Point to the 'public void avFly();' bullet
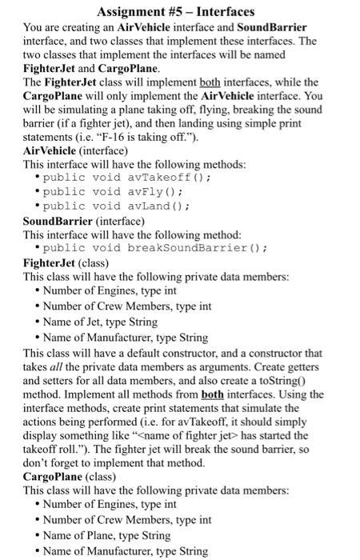[103, 191]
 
